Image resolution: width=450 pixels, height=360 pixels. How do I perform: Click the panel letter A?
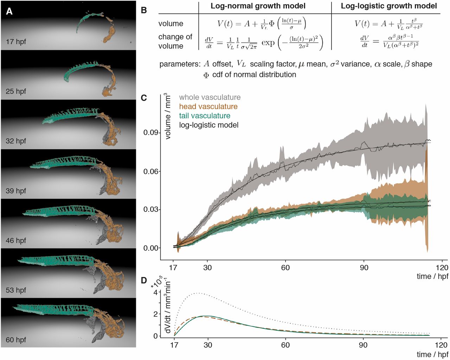point(9,11)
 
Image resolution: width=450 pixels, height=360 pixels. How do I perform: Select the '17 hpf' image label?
point(16,42)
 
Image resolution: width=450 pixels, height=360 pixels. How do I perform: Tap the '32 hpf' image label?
point(16,141)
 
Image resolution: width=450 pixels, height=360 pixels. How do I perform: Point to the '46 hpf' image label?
point(16,240)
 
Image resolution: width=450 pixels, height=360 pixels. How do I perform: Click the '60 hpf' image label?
point(16,340)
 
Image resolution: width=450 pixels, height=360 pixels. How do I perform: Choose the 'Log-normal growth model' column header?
point(258,6)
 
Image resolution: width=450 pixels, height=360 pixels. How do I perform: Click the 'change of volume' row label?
point(175,41)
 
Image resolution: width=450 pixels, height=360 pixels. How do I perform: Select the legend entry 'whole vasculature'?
point(210,97)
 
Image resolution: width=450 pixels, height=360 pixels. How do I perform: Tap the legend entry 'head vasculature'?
point(208,106)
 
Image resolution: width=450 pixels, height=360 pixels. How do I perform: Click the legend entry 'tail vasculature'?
point(205,115)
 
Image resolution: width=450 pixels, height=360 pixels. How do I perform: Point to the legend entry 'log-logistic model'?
point(209,125)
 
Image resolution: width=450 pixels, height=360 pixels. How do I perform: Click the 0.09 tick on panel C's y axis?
point(151,133)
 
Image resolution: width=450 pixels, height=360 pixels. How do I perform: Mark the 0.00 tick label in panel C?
point(151,248)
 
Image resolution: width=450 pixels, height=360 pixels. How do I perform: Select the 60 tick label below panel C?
point(285,267)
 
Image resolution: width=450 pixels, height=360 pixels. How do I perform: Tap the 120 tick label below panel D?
point(442,345)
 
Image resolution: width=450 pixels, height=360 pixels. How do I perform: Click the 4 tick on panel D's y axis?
point(155,292)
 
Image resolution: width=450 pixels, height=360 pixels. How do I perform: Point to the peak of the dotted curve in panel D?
point(199,293)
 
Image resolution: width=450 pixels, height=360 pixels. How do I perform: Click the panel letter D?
point(144,280)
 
